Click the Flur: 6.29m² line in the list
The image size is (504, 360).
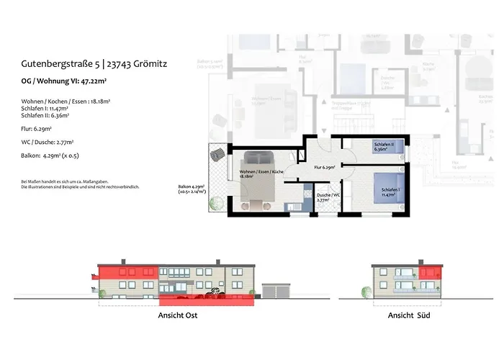point(37,130)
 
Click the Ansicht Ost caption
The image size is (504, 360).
point(177,315)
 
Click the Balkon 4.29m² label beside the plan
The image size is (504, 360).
point(192,190)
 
